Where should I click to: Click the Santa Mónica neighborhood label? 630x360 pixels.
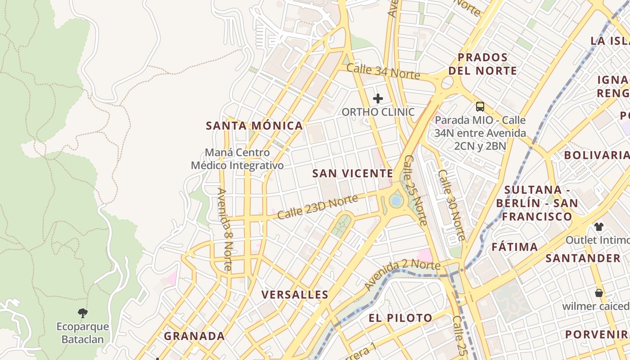254,126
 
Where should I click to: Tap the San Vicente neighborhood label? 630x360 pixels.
353,173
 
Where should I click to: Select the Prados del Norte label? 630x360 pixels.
483,64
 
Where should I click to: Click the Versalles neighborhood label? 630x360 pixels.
295,295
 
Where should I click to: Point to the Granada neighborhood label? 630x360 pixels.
194,336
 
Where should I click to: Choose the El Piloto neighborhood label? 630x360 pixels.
400,318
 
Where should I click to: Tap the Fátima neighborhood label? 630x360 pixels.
514,247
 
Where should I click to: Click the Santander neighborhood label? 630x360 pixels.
583,258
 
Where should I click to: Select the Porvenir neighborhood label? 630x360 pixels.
597,334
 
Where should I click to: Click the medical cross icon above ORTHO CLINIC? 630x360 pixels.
378,98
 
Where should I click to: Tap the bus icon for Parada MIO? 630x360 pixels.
480,107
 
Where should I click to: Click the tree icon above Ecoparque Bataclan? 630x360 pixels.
82,313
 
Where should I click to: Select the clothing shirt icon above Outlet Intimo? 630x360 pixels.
598,226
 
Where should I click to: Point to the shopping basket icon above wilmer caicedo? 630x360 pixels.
598,293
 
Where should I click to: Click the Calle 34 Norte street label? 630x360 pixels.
383,72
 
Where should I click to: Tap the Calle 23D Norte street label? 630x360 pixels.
317,207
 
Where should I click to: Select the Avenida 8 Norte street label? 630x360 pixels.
224,229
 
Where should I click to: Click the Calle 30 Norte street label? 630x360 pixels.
451,205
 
